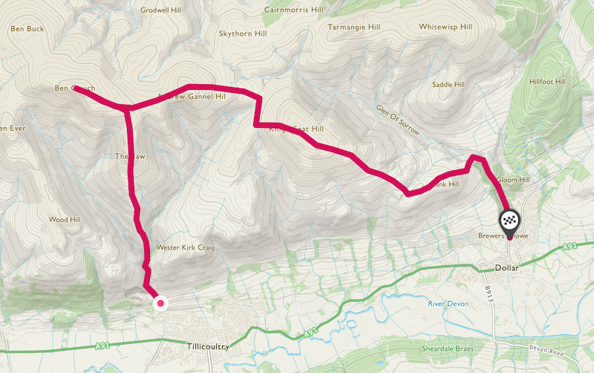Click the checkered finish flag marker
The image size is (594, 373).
(x=509, y=221)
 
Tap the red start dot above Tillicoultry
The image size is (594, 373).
(x=160, y=302)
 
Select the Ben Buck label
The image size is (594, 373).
(x=27, y=30)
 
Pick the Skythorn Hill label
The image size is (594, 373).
(x=241, y=33)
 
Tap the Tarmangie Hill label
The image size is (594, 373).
(x=353, y=27)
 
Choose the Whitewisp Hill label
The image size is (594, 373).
(x=446, y=27)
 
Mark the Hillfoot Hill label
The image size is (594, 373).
(x=548, y=82)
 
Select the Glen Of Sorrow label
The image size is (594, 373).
(x=398, y=120)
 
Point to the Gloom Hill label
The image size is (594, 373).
(x=513, y=180)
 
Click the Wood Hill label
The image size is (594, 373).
(x=63, y=220)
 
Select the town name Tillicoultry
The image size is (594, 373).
(x=206, y=347)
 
